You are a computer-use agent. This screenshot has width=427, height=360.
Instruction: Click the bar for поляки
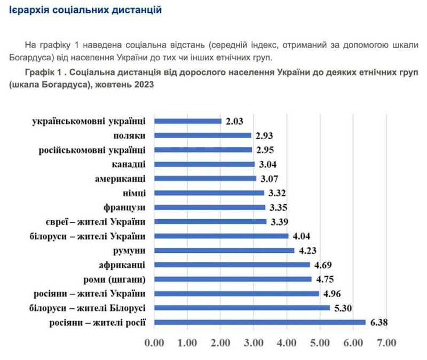click(203, 135)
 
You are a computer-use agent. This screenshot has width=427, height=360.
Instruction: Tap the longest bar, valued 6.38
click(260, 322)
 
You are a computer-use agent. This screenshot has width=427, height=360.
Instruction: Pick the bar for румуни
click(224, 250)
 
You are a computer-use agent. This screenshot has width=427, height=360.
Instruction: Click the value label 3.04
click(267, 164)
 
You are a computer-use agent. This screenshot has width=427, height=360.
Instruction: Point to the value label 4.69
click(323, 265)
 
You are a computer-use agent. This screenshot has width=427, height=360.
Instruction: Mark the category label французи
click(125, 207)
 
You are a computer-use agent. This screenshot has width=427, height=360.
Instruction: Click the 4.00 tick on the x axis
click(287, 342)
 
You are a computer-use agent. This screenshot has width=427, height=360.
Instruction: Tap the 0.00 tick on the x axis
click(154, 342)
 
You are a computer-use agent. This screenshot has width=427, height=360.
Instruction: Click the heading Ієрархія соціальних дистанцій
click(85, 10)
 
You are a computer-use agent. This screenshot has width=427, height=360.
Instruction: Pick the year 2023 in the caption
click(144, 85)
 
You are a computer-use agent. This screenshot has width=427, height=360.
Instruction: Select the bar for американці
click(205, 179)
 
